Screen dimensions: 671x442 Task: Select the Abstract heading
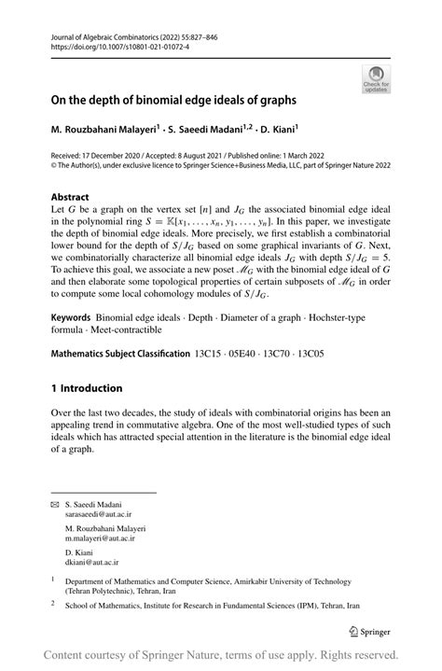click(x=70, y=198)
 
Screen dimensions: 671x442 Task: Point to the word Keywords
click(x=76, y=319)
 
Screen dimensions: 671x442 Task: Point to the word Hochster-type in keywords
click(x=361, y=319)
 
